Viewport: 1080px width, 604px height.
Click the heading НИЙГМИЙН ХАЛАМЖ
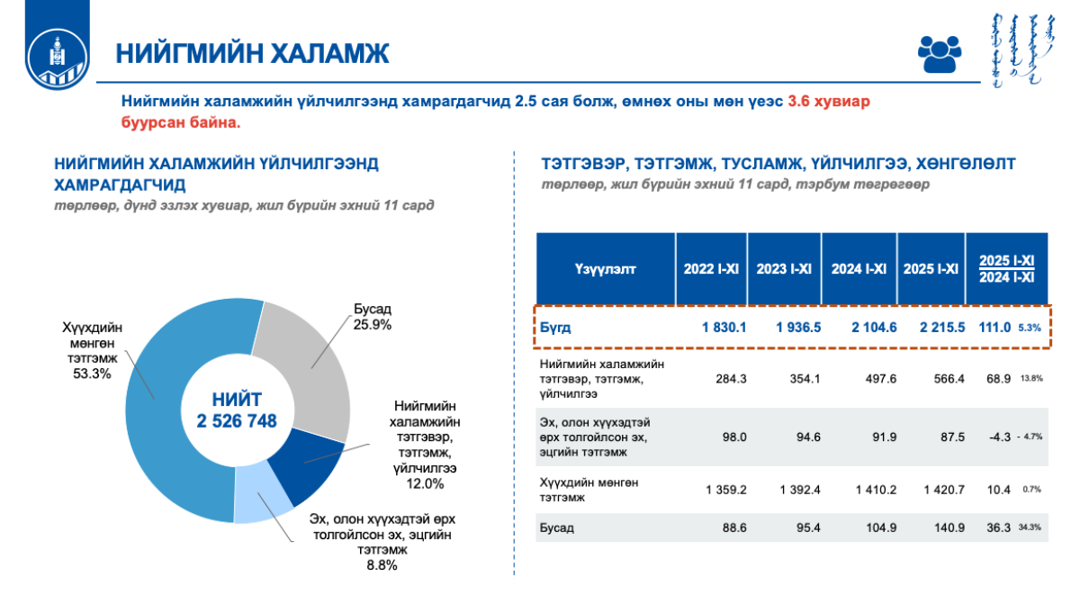coord(252,53)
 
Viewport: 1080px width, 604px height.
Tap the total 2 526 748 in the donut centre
coord(237,420)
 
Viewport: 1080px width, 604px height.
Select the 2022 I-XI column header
coord(710,268)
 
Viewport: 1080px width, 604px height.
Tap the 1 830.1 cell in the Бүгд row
coord(724,328)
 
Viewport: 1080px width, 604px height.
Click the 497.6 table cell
coord(875,379)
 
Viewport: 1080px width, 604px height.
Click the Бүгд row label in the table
coord(555,328)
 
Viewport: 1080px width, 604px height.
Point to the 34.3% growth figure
coord(1030,528)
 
